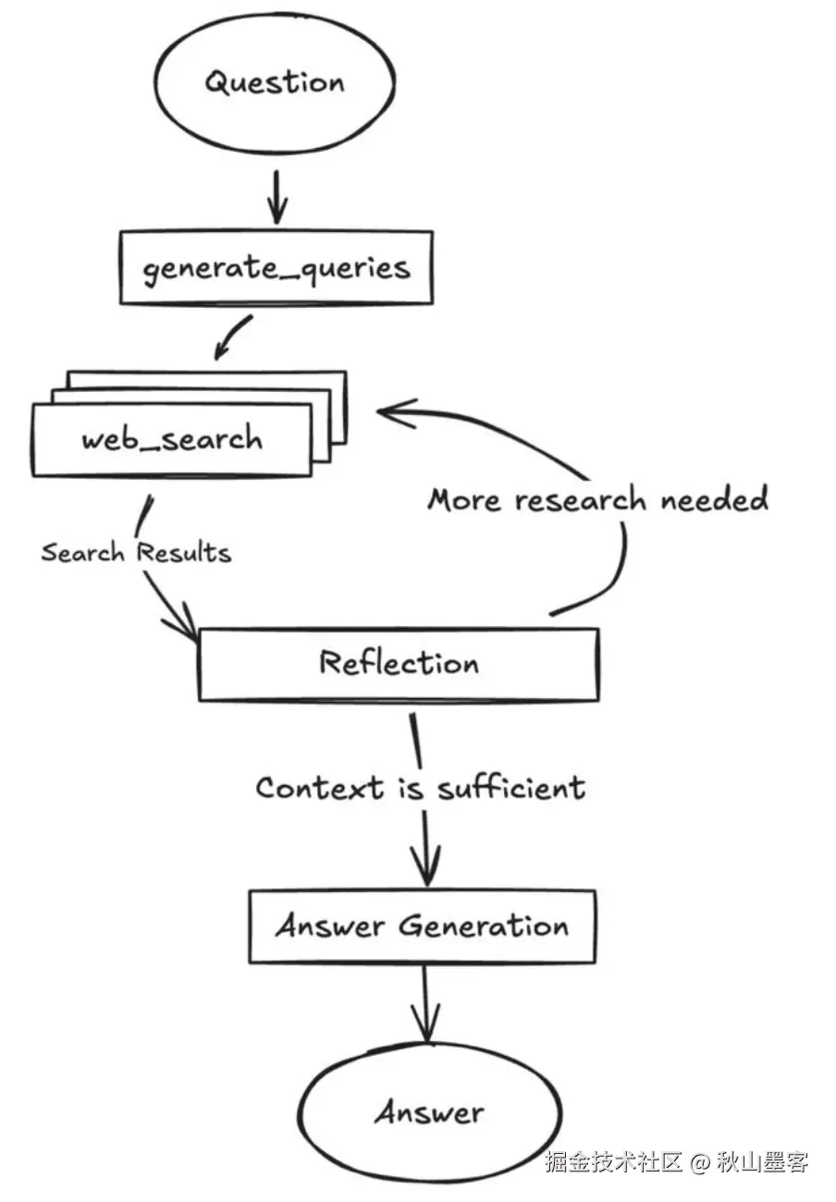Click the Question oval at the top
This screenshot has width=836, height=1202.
(x=276, y=83)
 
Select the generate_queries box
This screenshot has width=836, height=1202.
(x=277, y=268)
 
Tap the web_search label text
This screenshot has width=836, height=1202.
(x=172, y=439)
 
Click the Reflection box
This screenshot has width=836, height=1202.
(x=399, y=664)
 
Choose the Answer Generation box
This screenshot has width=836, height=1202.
(x=423, y=926)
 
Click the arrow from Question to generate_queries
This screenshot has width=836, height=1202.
(x=277, y=197)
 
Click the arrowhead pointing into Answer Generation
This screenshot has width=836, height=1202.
(x=426, y=866)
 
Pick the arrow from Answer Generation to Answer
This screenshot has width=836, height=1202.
(x=425, y=1003)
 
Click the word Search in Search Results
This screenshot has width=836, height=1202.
(x=82, y=552)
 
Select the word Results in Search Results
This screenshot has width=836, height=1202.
(x=184, y=552)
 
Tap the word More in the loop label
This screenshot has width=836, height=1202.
(x=464, y=499)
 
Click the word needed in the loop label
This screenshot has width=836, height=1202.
(x=714, y=498)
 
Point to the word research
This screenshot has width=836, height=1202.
(x=581, y=500)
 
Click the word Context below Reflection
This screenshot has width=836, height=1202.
(x=320, y=788)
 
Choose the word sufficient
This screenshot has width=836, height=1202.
(x=511, y=788)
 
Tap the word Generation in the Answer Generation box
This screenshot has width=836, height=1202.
(x=484, y=926)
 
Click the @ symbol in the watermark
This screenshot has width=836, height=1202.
(x=700, y=1162)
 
